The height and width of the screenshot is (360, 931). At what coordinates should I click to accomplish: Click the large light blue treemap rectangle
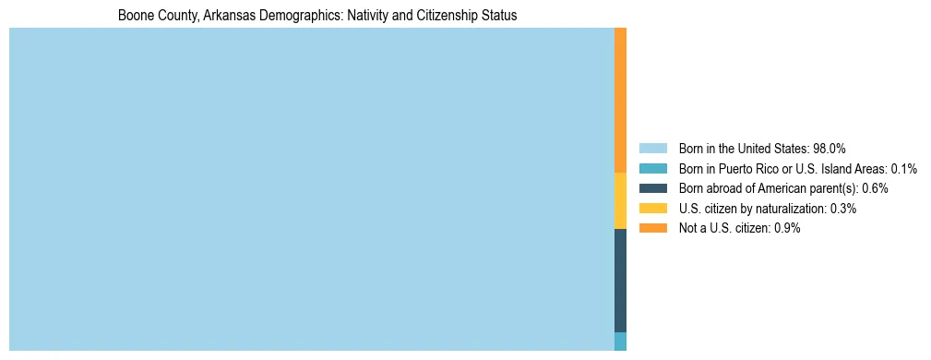point(311,189)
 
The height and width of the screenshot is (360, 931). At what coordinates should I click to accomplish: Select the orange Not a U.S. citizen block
point(620,100)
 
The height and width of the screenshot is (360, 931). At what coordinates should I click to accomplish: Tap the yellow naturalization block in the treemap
point(620,200)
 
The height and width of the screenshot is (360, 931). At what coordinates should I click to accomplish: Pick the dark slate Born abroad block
point(620,280)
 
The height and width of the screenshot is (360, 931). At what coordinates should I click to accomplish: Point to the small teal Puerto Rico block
point(620,341)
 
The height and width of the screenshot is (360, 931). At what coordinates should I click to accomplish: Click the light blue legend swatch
point(652,148)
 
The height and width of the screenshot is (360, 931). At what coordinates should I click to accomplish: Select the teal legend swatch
point(652,168)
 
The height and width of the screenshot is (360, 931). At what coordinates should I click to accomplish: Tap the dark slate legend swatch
point(652,188)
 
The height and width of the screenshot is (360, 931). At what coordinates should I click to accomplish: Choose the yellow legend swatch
point(652,209)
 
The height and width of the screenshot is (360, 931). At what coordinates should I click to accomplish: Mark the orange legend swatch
point(652,228)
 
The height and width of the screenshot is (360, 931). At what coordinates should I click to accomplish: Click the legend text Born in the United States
point(743,148)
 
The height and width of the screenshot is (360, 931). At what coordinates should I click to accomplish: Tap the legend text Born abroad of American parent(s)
point(768,188)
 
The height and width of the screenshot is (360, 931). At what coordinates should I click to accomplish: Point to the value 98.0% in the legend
point(830,148)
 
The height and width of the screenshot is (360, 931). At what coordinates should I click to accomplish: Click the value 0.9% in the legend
point(787,228)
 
